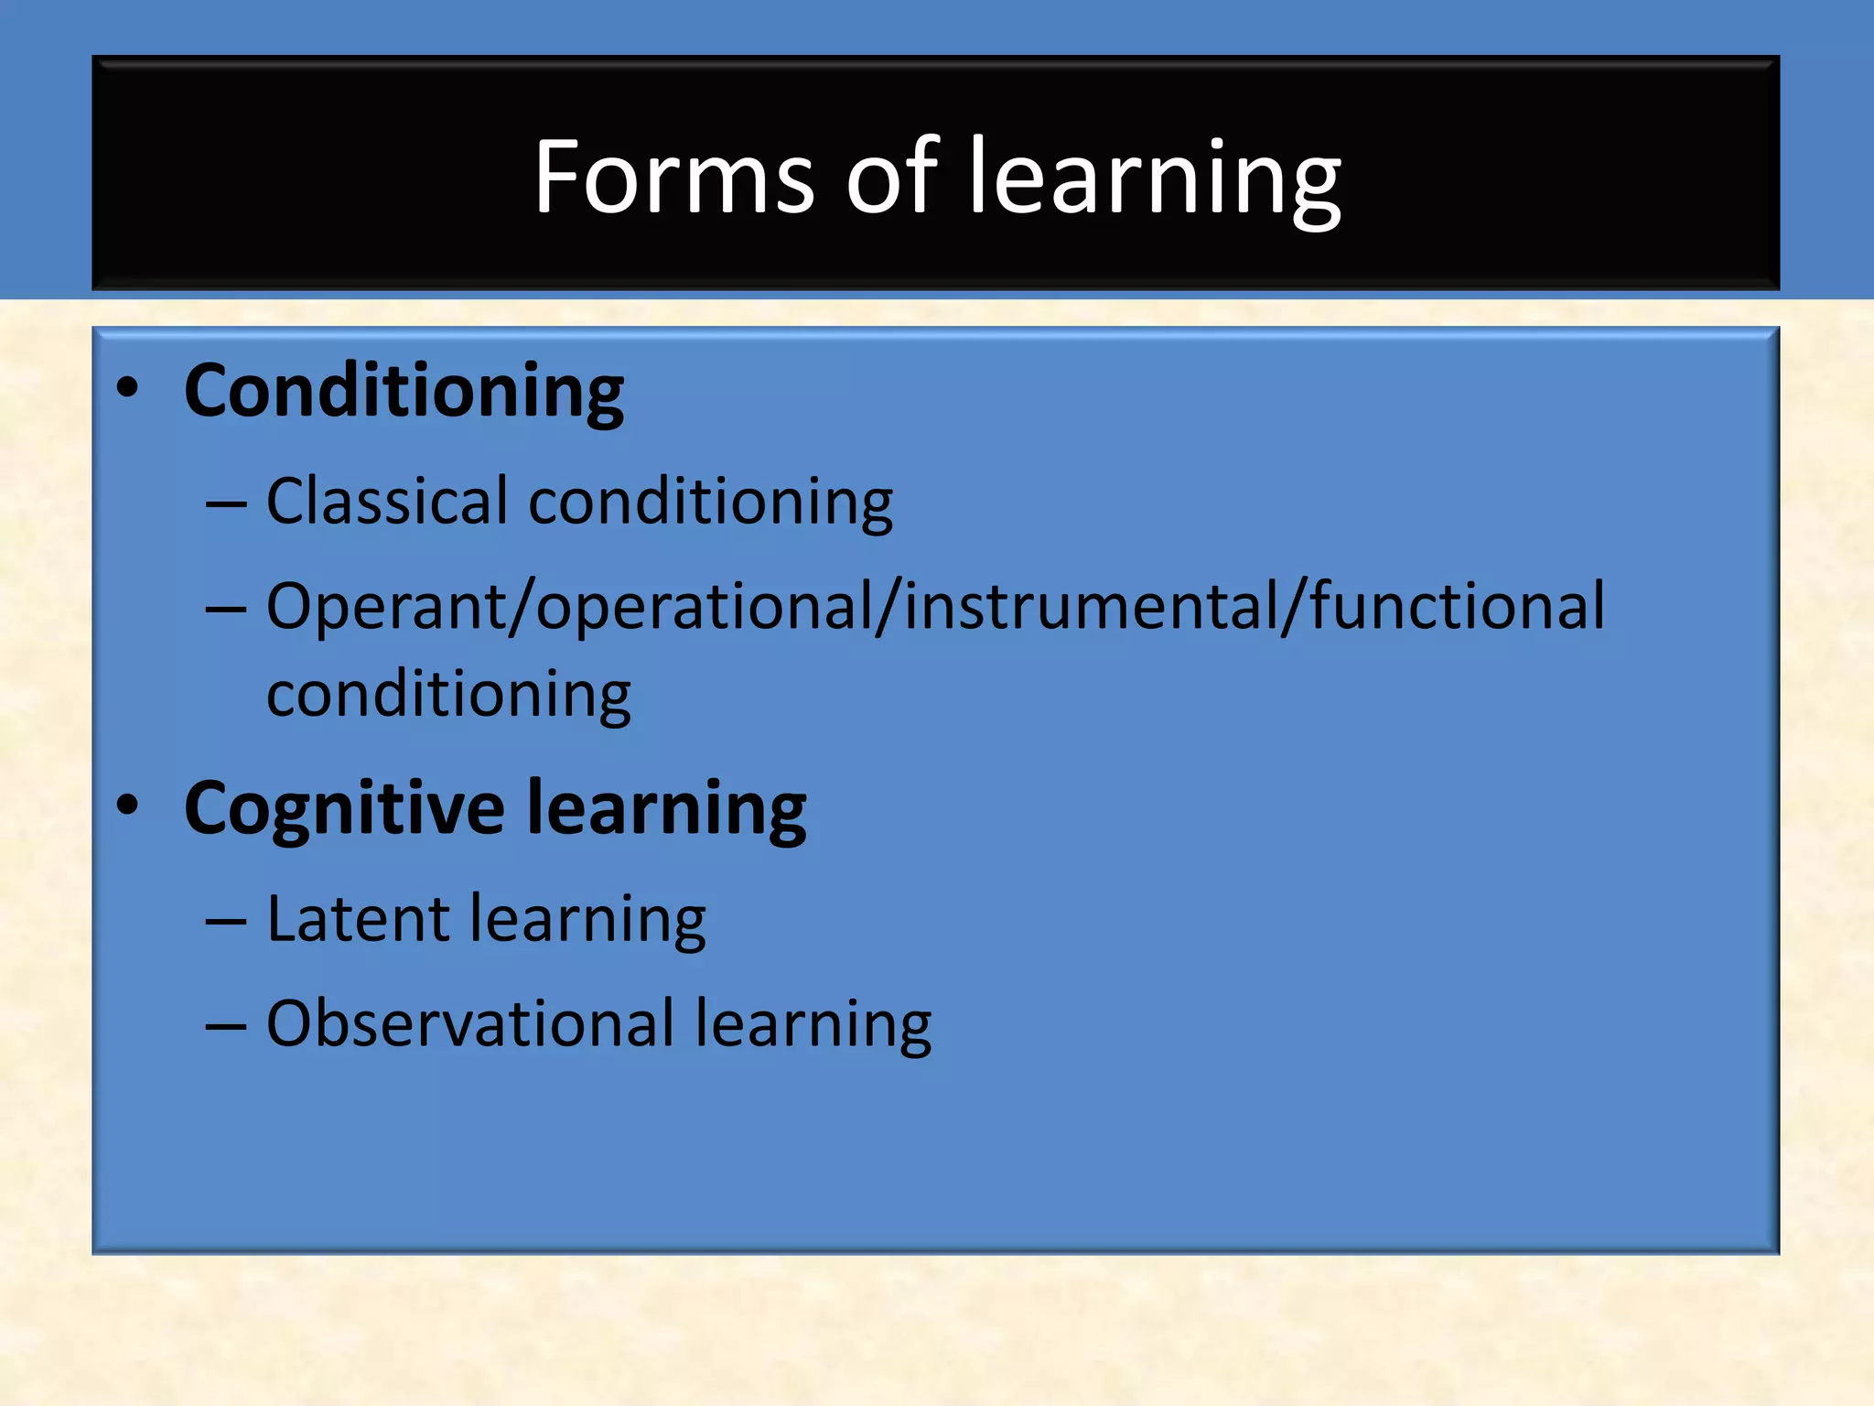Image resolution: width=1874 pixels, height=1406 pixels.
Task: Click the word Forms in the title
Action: point(673,176)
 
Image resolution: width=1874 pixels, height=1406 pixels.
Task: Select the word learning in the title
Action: point(1155,178)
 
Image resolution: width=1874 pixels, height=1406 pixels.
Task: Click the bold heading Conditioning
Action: point(404,392)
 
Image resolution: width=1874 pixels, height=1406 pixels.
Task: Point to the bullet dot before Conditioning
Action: point(128,388)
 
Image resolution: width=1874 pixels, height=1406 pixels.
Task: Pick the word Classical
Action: point(387,502)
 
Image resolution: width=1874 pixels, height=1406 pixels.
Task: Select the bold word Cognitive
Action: point(344,809)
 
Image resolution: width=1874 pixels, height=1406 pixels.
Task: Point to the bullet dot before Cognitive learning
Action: point(128,806)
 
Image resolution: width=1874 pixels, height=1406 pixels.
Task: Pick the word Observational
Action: point(470,1023)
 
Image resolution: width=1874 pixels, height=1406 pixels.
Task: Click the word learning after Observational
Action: point(813,1025)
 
